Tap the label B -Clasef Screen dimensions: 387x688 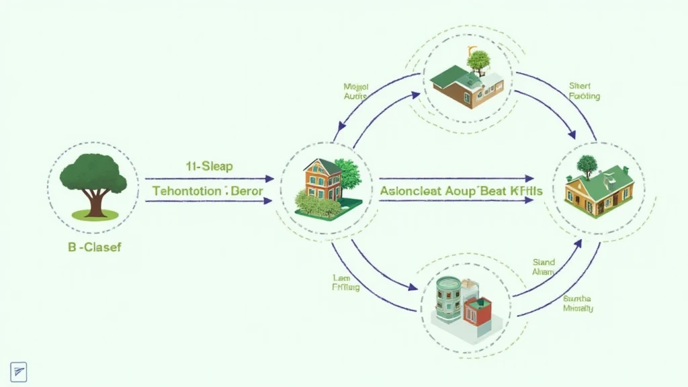tap(94, 247)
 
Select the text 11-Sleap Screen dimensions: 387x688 tap(208, 166)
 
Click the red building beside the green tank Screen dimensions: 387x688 tap(478, 312)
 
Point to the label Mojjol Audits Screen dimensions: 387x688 tap(355, 92)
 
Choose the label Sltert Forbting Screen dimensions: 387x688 tap(584, 91)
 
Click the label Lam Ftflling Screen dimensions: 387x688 tap(345, 283)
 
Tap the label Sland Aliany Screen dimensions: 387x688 tap(544, 267)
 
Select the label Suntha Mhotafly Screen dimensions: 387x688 tap(578, 303)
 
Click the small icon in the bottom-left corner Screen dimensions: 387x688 tap(18, 371)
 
